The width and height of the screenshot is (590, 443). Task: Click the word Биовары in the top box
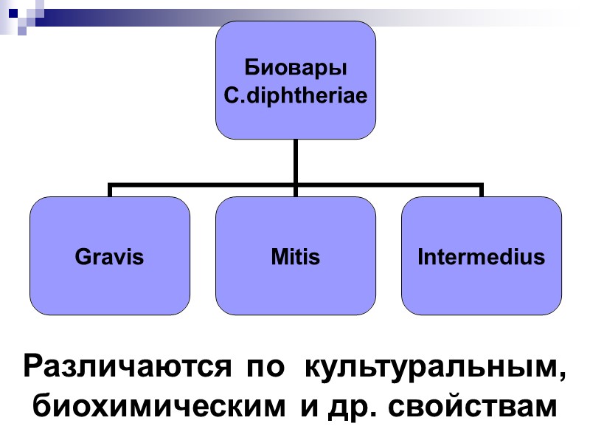pos(295,69)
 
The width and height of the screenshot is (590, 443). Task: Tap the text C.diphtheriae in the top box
pos(295,96)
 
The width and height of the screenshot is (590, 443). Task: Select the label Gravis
pos(109,257)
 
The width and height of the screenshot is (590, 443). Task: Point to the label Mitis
pos(295,257)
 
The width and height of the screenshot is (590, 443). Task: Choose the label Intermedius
pos(481,257)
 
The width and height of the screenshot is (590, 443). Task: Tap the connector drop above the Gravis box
pos(110,190)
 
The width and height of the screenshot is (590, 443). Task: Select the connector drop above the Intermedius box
pos(481,190)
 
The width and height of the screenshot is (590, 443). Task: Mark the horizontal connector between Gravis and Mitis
pos(202,185)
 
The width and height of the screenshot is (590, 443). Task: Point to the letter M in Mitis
pos(278,257)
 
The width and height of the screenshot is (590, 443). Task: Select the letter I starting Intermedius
pos(420,257)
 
